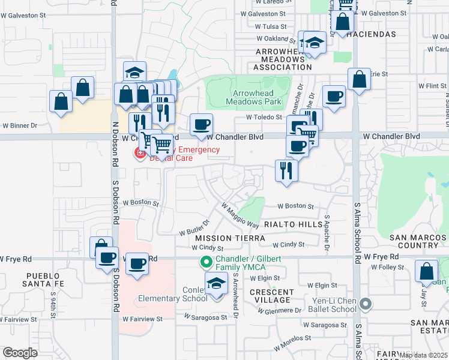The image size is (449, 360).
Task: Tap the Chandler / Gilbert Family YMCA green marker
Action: coord(206,262)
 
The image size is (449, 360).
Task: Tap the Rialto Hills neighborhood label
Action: coord(294,224)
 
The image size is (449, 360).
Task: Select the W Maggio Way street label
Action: coord(240,215)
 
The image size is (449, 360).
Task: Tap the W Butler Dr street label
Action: coord(194,227)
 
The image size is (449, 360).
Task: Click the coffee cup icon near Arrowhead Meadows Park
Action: coord(201,125)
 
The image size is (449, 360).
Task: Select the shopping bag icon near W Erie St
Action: coord(358,80)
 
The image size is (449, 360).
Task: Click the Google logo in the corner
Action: coord(20,353)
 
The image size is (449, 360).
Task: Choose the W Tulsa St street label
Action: coord(271,26)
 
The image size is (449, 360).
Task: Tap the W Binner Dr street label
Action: coord(20,126)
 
